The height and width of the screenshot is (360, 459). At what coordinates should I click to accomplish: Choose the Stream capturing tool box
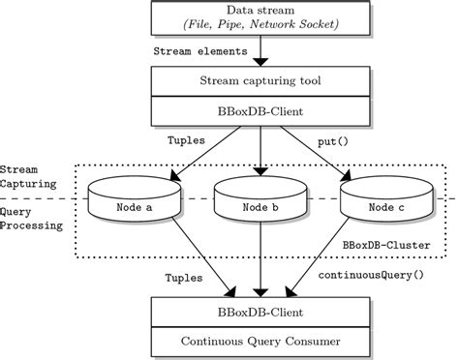click(x=260, y=81)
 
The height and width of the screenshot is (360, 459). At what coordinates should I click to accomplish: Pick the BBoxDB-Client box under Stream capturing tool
click(x=260, y=111)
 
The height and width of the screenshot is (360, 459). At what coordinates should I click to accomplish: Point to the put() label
click(x=334, y=141)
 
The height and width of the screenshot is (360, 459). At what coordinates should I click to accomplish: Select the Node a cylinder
click(x=135, y=201)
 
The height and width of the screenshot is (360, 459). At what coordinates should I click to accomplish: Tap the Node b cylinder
click(x=260, y=201)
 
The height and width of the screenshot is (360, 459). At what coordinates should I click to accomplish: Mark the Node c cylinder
click(x=384, y=201)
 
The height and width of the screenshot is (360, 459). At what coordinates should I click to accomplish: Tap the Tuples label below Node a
click(x=184, y=277)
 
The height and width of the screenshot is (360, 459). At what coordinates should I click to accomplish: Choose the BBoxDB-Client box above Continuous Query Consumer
click(x=260, y=313)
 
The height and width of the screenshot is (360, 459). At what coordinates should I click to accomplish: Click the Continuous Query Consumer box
click(x=260, y=342)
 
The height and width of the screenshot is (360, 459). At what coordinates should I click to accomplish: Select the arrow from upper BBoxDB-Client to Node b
click(x=260, y=150)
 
